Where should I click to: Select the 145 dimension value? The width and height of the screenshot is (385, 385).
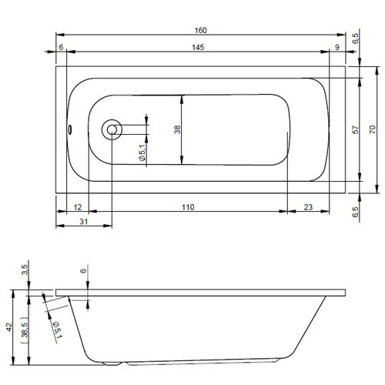click(198, 48)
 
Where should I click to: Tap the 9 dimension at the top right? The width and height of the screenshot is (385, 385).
click(337, 48)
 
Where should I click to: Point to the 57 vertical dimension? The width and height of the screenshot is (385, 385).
click(355, 130)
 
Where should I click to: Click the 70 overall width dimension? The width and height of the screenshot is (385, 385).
click(372, 130)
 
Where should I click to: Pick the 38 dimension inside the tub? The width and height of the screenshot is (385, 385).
click(177, 130)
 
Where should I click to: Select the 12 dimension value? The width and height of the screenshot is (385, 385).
click(78, 207)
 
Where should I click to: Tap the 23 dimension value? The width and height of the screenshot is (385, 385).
click(308, 207)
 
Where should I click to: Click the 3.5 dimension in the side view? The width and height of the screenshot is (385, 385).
click(25, 269)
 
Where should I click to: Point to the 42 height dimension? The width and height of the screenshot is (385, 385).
click(9, 326)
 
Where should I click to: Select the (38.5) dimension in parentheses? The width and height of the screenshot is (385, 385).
click(25, 330)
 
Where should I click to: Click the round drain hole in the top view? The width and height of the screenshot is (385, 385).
click(113, 129)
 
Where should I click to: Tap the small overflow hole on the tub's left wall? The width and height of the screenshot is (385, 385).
click(70, 129)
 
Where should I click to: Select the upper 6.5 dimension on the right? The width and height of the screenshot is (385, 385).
click(355, 36)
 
